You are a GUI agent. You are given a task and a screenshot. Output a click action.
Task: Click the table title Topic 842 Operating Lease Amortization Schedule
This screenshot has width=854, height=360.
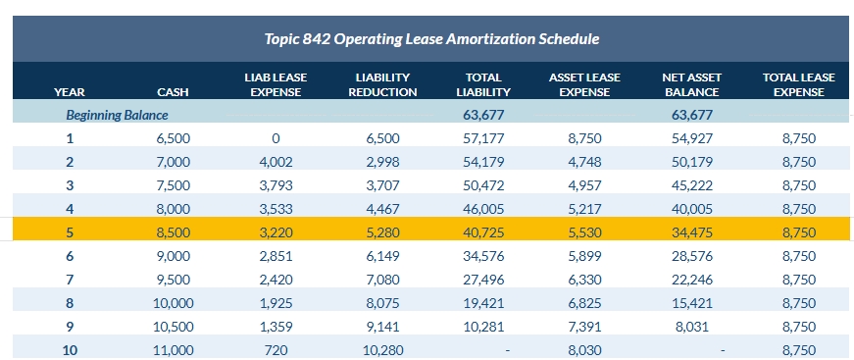click(431, 39)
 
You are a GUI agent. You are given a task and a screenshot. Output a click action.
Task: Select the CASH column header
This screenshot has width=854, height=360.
click(173, 92)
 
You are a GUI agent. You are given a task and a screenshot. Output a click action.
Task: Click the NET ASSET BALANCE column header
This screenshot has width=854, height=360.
click(691, 84)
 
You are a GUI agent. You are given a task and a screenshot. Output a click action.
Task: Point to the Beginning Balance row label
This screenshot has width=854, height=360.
click(117, 115)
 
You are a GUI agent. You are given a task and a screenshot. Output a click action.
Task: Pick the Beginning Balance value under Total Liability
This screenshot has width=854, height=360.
click(482, 115)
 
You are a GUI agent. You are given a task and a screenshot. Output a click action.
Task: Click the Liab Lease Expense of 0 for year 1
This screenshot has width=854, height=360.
click(276, 138)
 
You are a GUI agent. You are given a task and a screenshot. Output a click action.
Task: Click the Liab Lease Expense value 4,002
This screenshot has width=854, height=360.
click(276, 161)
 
